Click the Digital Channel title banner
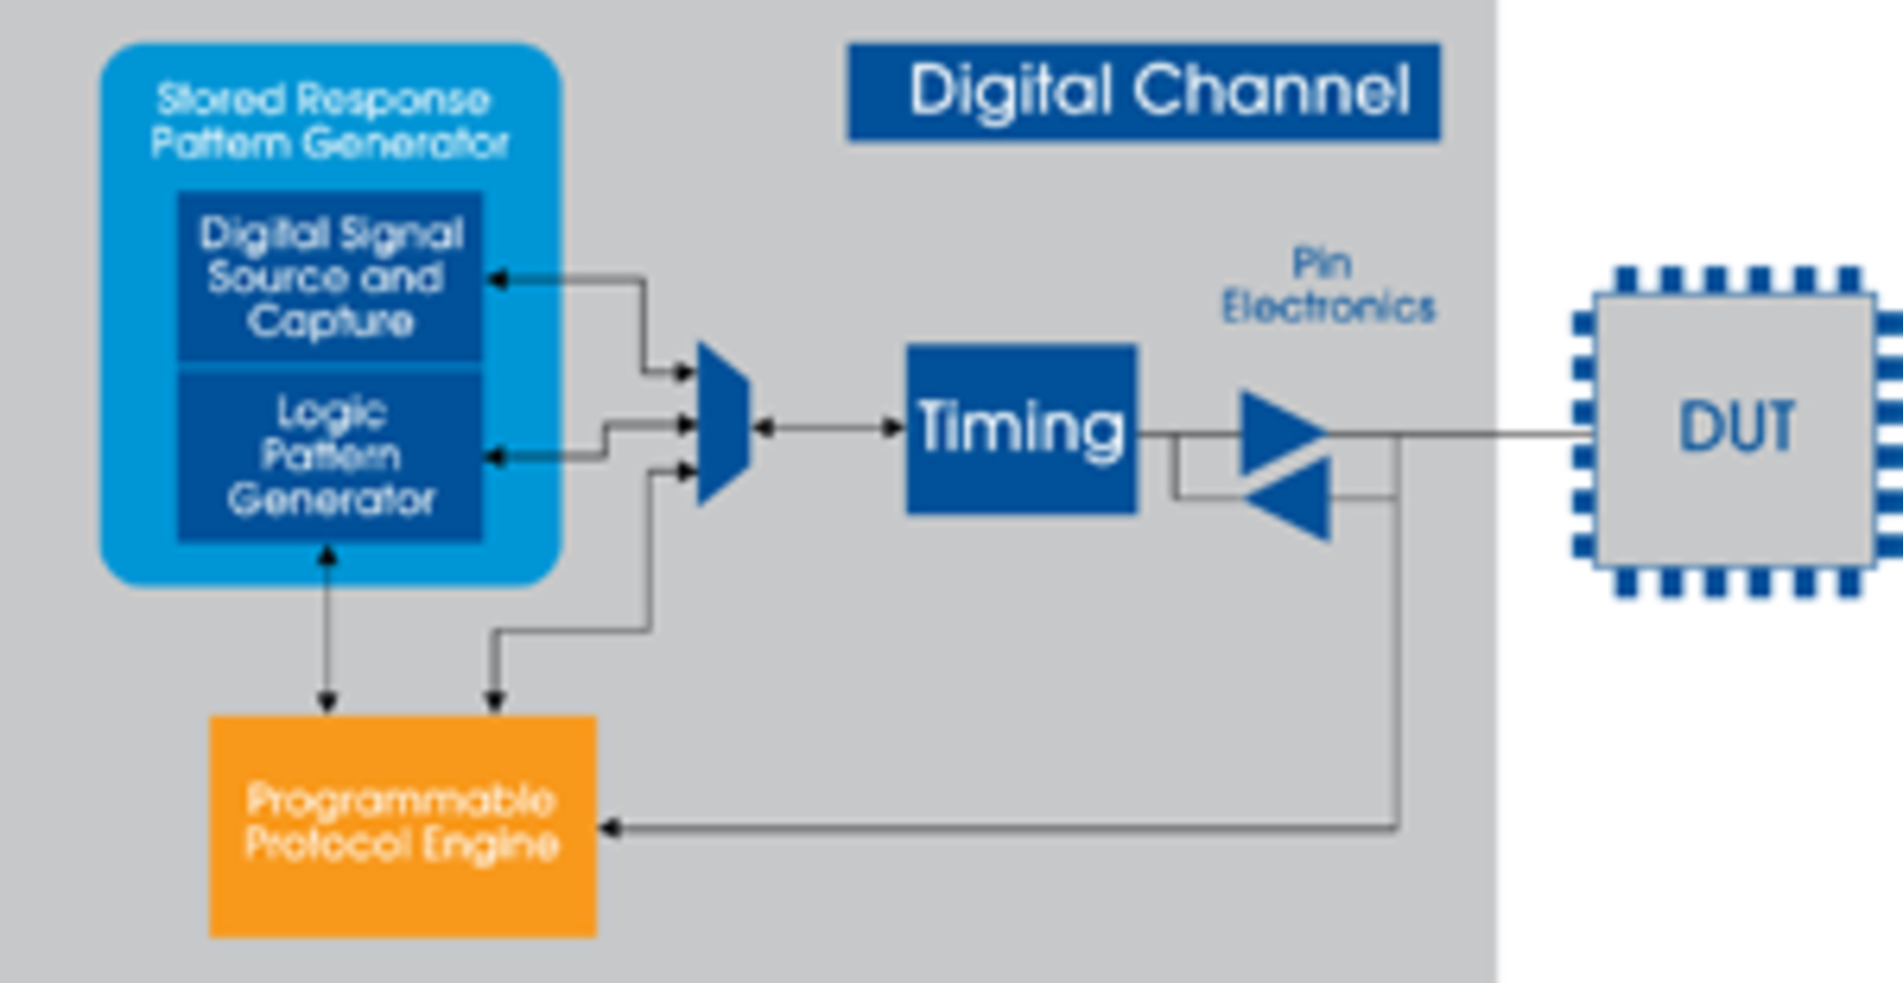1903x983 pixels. tap(1143, 91)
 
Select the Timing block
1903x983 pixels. tap(1022, 428)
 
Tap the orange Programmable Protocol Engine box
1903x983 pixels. tap(402, 825)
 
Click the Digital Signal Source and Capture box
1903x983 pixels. tap(330, 276)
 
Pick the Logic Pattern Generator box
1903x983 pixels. tap(330, 456)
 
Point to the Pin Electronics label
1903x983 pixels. tap(1327, 285)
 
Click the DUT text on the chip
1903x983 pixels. tap(1735, 427)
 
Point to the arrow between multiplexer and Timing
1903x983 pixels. tap(828, 427)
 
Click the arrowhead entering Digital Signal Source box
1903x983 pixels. tap(497, 280)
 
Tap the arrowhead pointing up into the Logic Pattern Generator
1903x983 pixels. tap(327, 556)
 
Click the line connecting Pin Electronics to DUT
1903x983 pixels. tap(1487, 434)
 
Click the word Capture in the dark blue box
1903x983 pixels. tap(330, 321)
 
